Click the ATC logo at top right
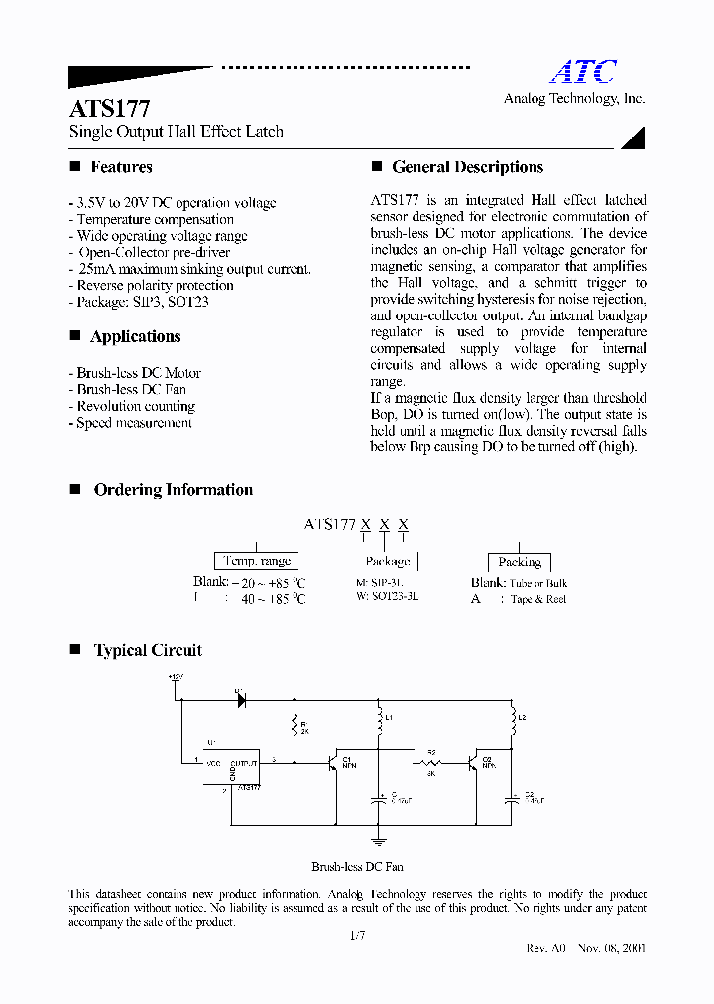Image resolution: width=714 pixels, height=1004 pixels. pyautogui.click(x=583, y=72)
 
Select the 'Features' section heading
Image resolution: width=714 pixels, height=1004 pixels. pyautogui.click(x=121, y=167)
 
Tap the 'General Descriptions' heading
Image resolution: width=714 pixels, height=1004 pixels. pyautogui.click(x=467, y=167)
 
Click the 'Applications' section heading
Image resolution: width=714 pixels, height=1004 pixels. pyautogui.click(x=135, y=336)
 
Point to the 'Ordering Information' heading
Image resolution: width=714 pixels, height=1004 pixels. pyautogui.click(x=173, y=490)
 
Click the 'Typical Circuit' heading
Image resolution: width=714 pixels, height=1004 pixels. pyautogui.click(x=148, y=651)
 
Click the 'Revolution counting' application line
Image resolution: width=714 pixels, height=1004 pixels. pyautogui.click(x=136, y=406)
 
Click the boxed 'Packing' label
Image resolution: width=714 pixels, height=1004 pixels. pyautogui.click(x=519, y=562)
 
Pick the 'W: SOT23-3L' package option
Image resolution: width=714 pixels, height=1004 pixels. pyautogui.click(x=387, y=598)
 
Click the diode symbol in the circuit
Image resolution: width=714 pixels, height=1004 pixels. pyautogui.click(x=240, y=699)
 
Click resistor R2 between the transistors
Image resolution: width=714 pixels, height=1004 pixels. pyautogui.click(x=431, y=762)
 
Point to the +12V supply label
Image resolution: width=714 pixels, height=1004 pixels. pyautogui.click(x=177, y=677)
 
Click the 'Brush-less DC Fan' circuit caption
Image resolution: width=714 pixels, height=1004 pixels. pyautogui.click(x=357, y=866)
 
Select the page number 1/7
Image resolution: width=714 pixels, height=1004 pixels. pyautogui.click(x=358, y=936)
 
